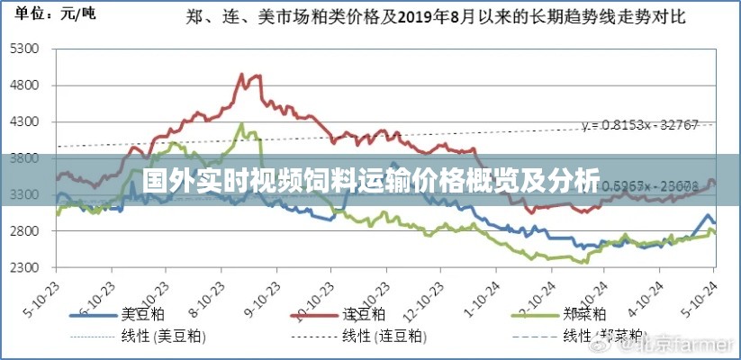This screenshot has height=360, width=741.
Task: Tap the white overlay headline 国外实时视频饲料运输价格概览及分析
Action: (x=370, y=181)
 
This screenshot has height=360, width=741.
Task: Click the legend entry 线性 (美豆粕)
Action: (x=162, y=336)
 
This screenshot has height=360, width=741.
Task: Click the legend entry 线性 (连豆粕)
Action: (x=383, y=336)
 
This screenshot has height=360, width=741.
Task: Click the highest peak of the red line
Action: (x=242, y=75)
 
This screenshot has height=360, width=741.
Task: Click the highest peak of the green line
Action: (x=240, y=123)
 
